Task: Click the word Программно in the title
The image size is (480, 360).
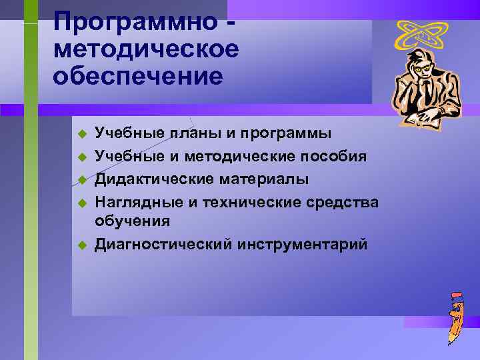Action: click(135, 22)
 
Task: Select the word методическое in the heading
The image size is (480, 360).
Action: click(146, 50)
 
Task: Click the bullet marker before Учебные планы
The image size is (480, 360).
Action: click(82, 135)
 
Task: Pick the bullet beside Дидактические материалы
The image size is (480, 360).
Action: click(82, 180)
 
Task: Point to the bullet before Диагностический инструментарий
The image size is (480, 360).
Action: click(82, 245)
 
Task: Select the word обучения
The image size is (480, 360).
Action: click(132, 221)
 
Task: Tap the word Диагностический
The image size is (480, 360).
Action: click(163, 244)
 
